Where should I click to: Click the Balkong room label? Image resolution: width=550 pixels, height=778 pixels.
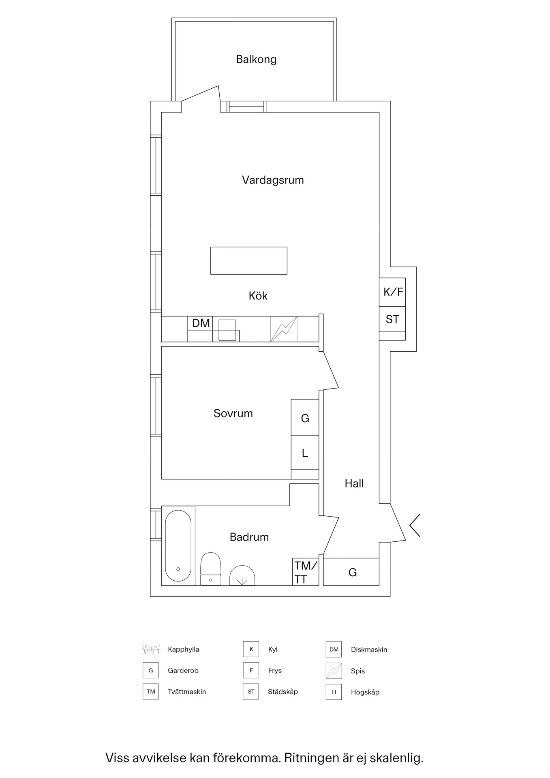click(256, 60)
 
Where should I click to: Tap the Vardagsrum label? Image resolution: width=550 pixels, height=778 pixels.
click(273, 180)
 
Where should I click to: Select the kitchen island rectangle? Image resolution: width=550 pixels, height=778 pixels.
click(249, 261)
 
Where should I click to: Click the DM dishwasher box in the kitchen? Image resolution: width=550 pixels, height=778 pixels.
click(201, 323)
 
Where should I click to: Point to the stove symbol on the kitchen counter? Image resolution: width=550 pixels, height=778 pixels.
click(284, 329)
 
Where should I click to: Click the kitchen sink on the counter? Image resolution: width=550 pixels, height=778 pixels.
click(227, 330)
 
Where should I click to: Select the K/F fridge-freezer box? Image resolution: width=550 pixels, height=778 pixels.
click(392, 292)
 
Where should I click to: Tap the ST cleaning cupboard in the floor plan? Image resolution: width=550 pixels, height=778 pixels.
click(392, 319)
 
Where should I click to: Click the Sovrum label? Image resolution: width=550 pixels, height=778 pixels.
click(233, 413)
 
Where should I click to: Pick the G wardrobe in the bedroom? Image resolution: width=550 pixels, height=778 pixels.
click(305, 417)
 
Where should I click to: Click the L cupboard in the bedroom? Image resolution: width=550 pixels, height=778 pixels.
click(305, 453)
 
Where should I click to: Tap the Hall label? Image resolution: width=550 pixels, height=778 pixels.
click(354, 483)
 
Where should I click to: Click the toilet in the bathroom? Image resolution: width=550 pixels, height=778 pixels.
click(211, 569)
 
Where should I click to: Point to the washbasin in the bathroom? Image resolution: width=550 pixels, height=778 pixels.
click(242, 576)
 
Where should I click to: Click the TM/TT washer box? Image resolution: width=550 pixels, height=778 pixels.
click(306, 572)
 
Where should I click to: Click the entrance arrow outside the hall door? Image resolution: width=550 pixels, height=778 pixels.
click(414, 526)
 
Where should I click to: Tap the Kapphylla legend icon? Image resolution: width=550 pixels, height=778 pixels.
click(151, 650)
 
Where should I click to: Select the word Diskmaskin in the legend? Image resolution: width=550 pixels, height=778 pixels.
click(369, 650)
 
